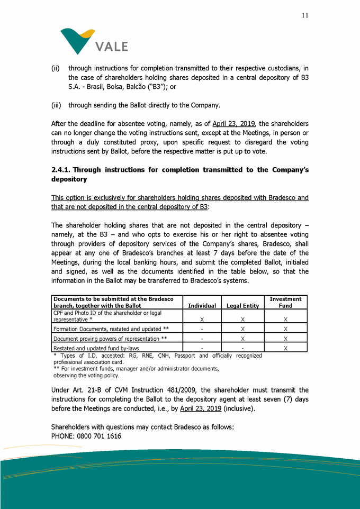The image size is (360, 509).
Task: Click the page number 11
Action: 305,15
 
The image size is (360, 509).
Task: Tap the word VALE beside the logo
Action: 112,47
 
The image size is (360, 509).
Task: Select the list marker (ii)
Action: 55,68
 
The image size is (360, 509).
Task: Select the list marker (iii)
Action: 56,104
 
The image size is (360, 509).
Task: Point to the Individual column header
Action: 202,306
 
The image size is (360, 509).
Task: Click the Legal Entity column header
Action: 242,306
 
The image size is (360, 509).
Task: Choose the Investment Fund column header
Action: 285,302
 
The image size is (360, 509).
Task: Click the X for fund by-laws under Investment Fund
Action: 285,348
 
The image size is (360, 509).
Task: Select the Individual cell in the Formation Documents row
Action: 202,329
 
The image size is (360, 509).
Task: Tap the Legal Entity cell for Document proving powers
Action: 242,339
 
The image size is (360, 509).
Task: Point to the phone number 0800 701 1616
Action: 100,437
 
